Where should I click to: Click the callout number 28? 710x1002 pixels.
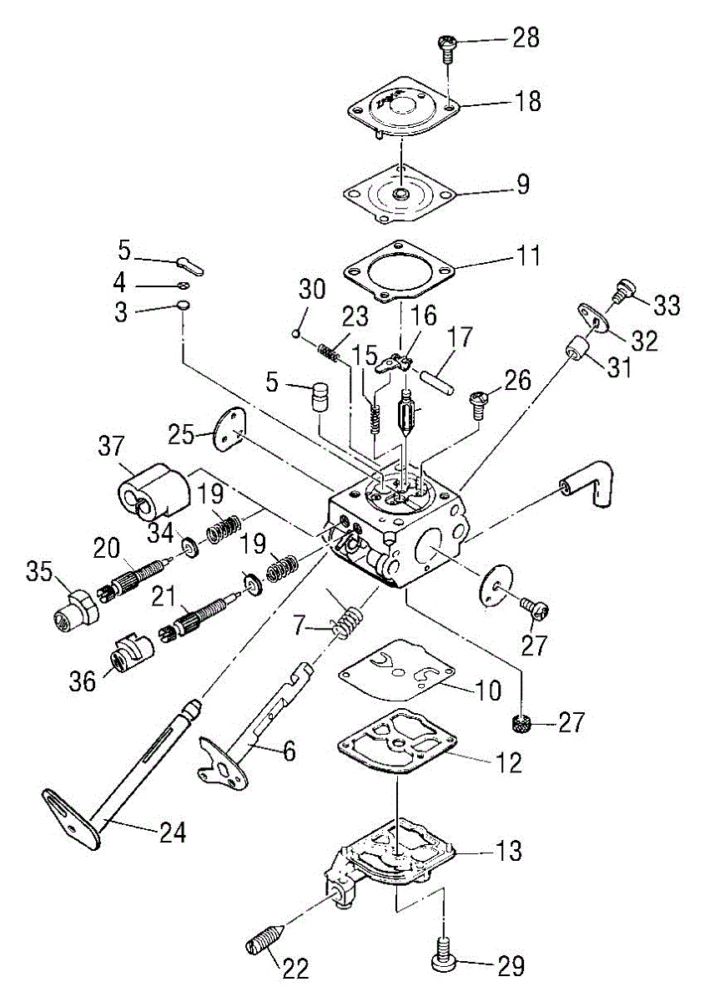point(526,38)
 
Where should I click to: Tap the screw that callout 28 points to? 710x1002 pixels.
point(447,50)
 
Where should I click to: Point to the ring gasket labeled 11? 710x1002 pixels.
point(399,269)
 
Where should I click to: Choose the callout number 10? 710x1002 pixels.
point(488,691)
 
